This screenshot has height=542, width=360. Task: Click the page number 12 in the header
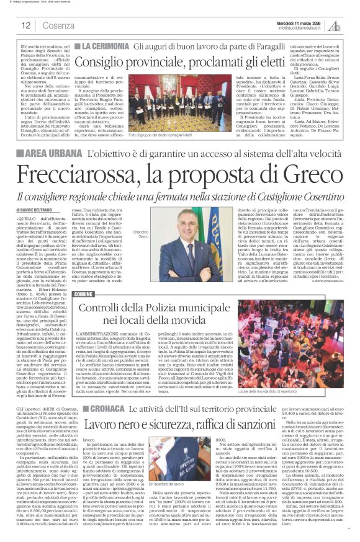tap(26, 25)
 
